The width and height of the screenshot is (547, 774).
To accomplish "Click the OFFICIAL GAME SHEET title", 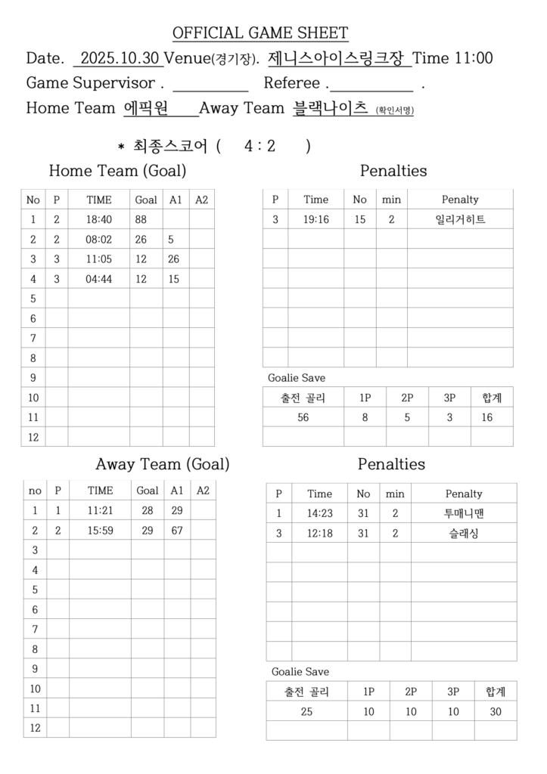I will coord(260,33).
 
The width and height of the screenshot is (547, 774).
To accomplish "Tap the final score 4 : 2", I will coord(260,146).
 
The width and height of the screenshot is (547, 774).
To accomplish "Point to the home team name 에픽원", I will coord(146,108).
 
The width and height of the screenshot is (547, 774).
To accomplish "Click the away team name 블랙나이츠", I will coord(330,108).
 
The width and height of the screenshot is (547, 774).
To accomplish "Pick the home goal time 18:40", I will coord(99,220).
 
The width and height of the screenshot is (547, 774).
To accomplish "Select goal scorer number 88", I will coord(141,220).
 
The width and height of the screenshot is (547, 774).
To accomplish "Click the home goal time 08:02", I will coord(99,240).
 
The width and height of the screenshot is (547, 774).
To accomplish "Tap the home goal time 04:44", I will coord(99,279).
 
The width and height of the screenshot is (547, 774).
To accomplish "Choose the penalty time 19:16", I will coord(315,220).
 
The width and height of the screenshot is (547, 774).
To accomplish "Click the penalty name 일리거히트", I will coord(460,220).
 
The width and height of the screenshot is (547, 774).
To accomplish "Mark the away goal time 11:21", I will coord(100,510).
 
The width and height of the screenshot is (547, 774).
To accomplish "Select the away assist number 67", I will coord(177,531).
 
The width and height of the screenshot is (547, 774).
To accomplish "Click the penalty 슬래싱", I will coord(464,534).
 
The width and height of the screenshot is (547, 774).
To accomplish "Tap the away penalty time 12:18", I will coord(319,534).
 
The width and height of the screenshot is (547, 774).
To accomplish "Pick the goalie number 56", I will coord(303,417).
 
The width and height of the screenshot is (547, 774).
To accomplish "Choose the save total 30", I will coord(496,711).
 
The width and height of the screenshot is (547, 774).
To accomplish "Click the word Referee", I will coord(292,83).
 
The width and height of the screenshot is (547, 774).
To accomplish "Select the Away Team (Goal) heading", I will coord(162,464).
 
